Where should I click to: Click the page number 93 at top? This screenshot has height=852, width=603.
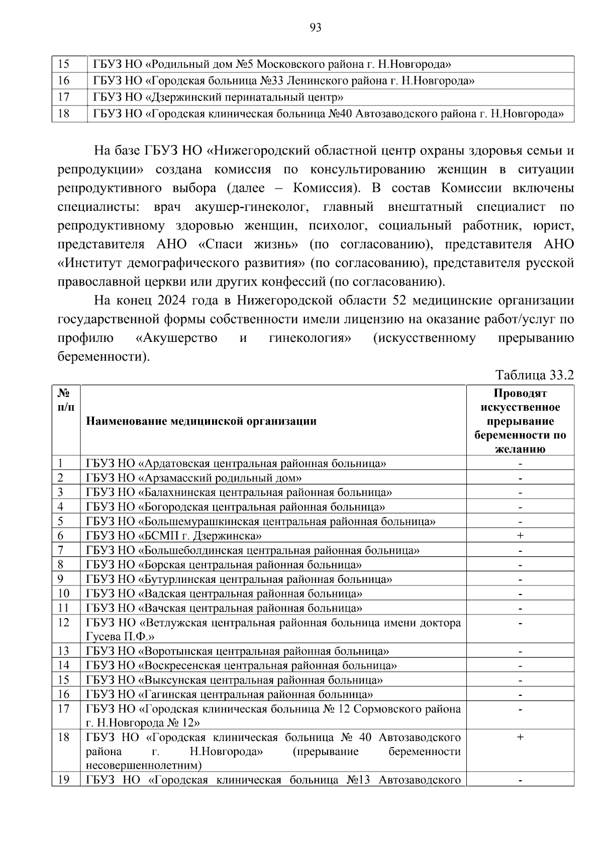pos(316,28)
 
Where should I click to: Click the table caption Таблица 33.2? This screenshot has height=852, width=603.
pos(534,375)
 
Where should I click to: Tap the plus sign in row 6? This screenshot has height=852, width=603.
pos(520,536)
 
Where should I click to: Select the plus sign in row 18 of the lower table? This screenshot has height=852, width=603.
pos(520,737)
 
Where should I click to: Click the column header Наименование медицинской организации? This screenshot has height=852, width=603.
pos(201,421)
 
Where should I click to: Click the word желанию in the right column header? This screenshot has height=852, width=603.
pos(520,449)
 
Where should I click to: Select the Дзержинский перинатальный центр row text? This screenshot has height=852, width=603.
pos(218,97)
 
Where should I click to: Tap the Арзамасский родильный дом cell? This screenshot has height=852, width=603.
pos(194,478)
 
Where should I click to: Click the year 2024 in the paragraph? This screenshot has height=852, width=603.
pos(172,301)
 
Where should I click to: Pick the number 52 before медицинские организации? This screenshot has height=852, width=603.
pos(395,301)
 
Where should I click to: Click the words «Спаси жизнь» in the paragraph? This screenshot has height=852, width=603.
pos(248,245)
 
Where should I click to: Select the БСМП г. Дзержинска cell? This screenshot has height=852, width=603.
pos(174,536)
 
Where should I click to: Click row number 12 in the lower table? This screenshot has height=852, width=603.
pos(63,623)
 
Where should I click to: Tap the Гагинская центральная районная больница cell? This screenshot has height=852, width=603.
pos(230,695)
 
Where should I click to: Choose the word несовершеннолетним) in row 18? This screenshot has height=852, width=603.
pos(144,766)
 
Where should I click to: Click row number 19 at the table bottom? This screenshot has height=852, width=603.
pos(63,780)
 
